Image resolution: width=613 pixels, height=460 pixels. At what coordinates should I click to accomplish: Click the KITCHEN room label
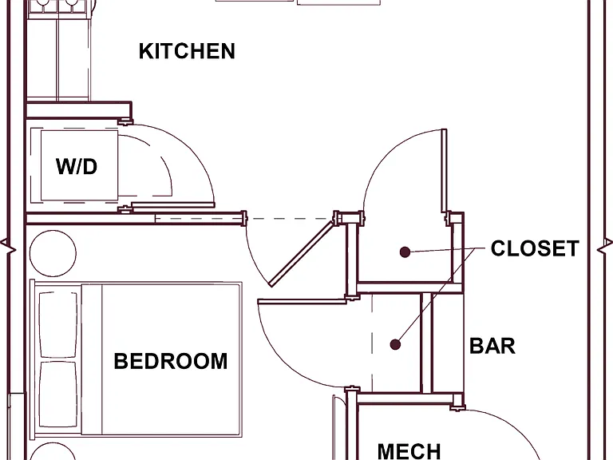click(x=187, y=51)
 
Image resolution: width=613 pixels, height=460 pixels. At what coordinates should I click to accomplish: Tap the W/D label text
click(x=77, y=166)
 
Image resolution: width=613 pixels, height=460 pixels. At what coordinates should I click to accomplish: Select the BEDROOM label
click(x=171, y=361)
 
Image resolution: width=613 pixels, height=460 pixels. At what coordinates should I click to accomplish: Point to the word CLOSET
click(x=535, y=248)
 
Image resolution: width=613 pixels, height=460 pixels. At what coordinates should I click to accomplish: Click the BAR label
click(x=492, y=346)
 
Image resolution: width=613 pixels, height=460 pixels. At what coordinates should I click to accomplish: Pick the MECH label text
click(x=409, y=451)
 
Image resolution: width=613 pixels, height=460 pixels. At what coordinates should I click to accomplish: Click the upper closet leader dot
click(x=405, y=252)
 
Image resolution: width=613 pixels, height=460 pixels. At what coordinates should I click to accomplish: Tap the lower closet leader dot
click(x=395, y=345)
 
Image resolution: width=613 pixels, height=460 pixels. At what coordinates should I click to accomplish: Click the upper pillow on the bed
click(x=58, y=324)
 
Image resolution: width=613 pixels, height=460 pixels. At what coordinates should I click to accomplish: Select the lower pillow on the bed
click(x=58, y=395)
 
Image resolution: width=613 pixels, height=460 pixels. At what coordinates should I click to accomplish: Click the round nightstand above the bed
click(x=53, y=253)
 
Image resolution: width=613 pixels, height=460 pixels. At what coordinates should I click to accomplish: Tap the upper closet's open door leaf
click(x=444, y=171)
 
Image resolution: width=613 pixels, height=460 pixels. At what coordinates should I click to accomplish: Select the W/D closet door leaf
click(x=172, y=205)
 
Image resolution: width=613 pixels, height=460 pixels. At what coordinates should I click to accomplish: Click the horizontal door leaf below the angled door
click(x=302, y=301)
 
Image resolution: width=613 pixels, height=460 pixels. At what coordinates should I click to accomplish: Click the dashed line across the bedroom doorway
click(x=289, y=219)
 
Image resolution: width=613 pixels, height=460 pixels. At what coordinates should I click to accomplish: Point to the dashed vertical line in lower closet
click(x=372, y=343)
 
